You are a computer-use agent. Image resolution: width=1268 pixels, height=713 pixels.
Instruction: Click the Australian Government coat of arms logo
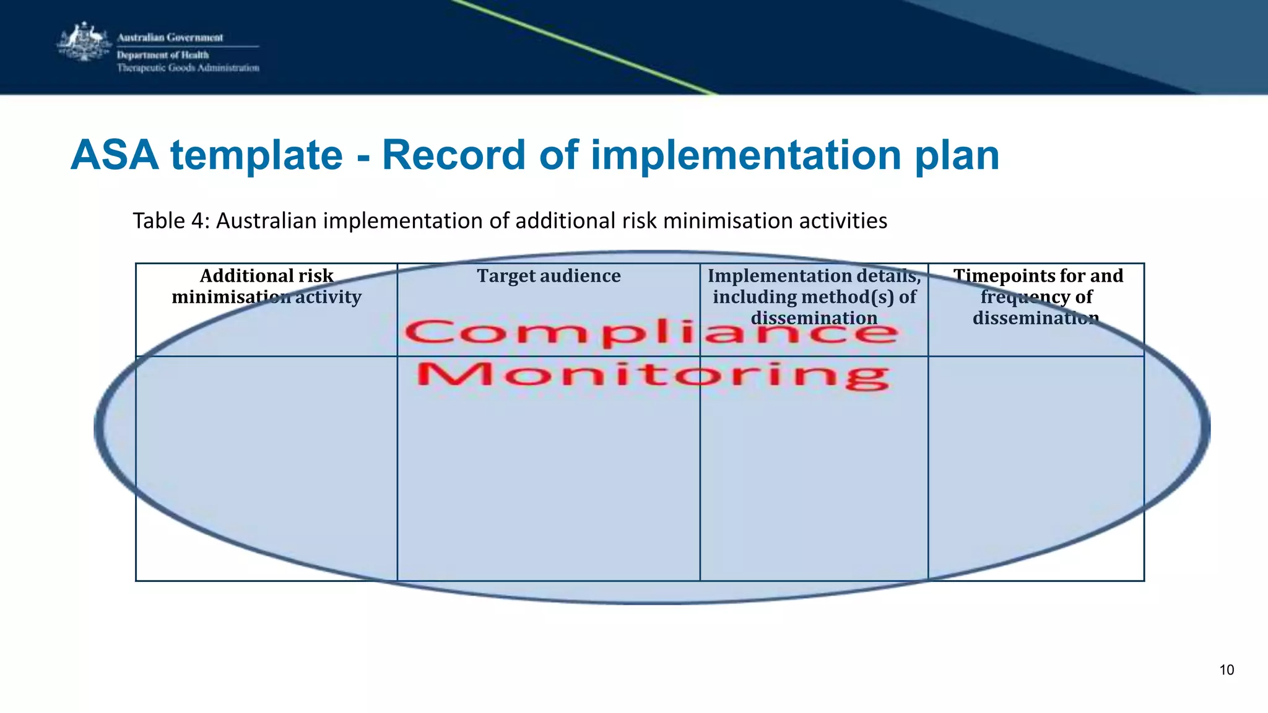(84, 42)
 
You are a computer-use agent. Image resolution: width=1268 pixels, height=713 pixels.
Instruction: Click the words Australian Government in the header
(170, 38)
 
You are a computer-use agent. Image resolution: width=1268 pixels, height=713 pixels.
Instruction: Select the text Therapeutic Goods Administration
(188, 68)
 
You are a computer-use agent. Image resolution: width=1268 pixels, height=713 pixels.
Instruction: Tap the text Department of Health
(163, 55)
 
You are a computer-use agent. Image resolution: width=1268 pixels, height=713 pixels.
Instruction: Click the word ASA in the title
(115, 155)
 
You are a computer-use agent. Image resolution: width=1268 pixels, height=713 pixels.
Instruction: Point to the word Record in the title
(454, 155)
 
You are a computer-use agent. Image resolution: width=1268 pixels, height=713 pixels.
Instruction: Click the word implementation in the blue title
(746, 155)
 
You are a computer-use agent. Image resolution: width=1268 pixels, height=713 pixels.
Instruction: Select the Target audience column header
(549, 276)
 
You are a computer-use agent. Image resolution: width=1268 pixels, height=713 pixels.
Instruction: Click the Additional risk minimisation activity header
(266, 287)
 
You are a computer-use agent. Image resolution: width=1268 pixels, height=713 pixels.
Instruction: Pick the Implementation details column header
(814, 296)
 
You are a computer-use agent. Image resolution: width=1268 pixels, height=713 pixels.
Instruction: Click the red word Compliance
(650, 333)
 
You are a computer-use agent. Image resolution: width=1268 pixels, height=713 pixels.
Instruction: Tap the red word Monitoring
(653, 375)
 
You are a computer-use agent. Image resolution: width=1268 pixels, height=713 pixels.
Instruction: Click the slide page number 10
(1227, 670)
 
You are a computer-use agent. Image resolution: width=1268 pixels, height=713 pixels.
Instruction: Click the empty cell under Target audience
(549, 483)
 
